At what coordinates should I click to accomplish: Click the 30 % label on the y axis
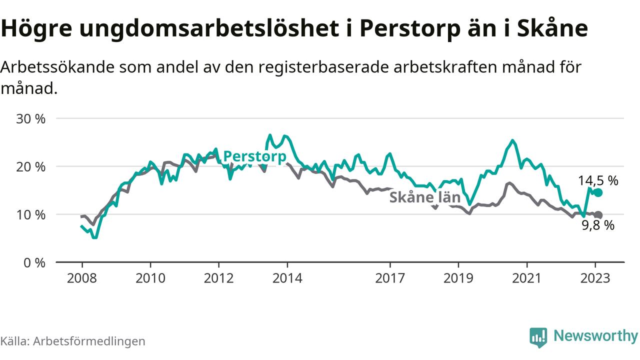point(31,119)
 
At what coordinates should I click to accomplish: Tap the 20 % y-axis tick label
point(31,167)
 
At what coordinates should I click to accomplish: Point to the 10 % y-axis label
point(31,215)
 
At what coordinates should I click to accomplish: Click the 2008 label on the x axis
point(81,277)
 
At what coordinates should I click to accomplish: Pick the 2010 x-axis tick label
point(150,277)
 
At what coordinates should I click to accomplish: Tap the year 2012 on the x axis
point(218,277)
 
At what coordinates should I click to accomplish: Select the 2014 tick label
point(287,277)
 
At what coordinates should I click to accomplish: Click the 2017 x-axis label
point(389,277)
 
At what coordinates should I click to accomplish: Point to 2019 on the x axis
point(458,277)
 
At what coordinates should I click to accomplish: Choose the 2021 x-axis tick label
point(526,277)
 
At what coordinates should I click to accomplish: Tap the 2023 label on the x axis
point(595,277)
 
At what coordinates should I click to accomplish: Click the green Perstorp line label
point(254,156)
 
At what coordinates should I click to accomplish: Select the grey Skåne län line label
point(424,197)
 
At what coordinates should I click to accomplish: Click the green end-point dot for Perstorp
point(598,193)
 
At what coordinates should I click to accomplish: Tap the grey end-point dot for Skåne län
point(598,215)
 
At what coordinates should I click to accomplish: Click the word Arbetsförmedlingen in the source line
point(90,341)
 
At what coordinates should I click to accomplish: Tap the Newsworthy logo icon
point(538,337)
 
